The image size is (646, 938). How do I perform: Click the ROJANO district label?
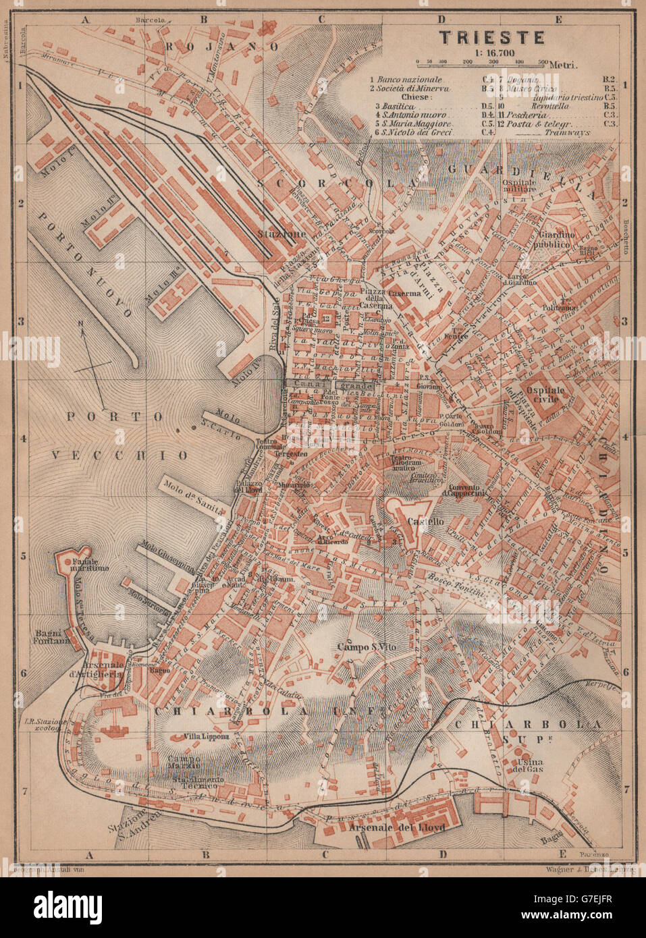pyautogui.click(x=221, y=47)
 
